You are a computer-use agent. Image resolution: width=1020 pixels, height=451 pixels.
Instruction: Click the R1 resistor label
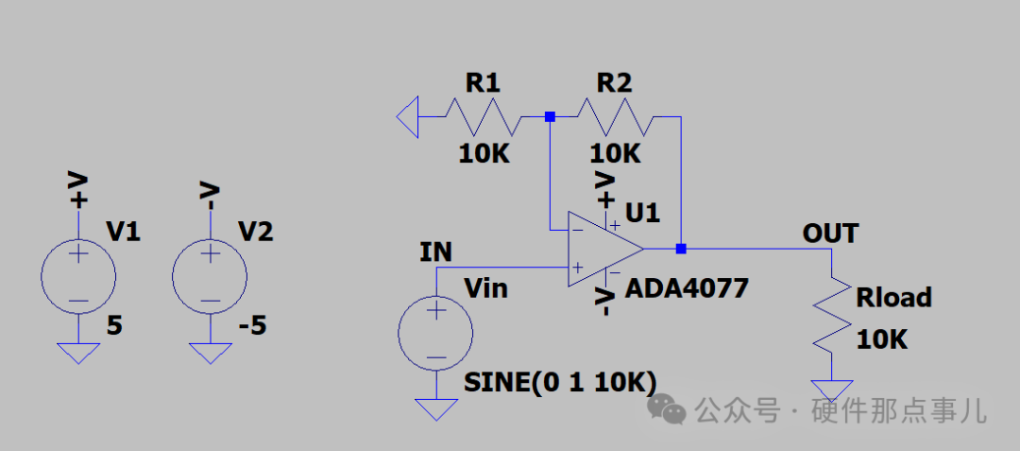click(482, 83)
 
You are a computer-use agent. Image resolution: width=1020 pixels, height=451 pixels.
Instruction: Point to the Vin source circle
click(436, 334)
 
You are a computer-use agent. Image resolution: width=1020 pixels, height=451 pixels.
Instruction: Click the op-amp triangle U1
click(603, 249)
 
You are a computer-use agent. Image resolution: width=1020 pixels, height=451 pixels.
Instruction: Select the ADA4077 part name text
click(687, 288)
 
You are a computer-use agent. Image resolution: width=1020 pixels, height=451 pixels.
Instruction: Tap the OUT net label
click(830, 233)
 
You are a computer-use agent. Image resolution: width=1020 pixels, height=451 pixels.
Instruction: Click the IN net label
click(436, 252)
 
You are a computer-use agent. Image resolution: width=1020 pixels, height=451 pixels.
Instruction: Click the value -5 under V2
click(252, 327)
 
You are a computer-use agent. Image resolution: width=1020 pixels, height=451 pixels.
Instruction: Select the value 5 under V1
click(114, 327)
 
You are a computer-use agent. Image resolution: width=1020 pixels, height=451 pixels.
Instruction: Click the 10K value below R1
click(484, 153)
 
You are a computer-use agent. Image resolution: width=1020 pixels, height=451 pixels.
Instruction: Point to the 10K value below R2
click(615, 153)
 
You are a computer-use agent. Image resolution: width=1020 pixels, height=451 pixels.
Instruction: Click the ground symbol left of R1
click(408, 117)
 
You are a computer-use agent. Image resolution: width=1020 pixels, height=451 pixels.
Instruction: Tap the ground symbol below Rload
click(831, 390)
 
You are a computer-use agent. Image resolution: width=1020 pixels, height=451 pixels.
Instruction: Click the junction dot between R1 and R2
click(550, 117)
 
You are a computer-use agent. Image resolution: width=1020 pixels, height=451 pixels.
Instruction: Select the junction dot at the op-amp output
click(681, 249)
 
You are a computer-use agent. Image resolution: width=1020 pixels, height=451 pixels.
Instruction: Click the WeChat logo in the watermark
click(668, 409)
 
